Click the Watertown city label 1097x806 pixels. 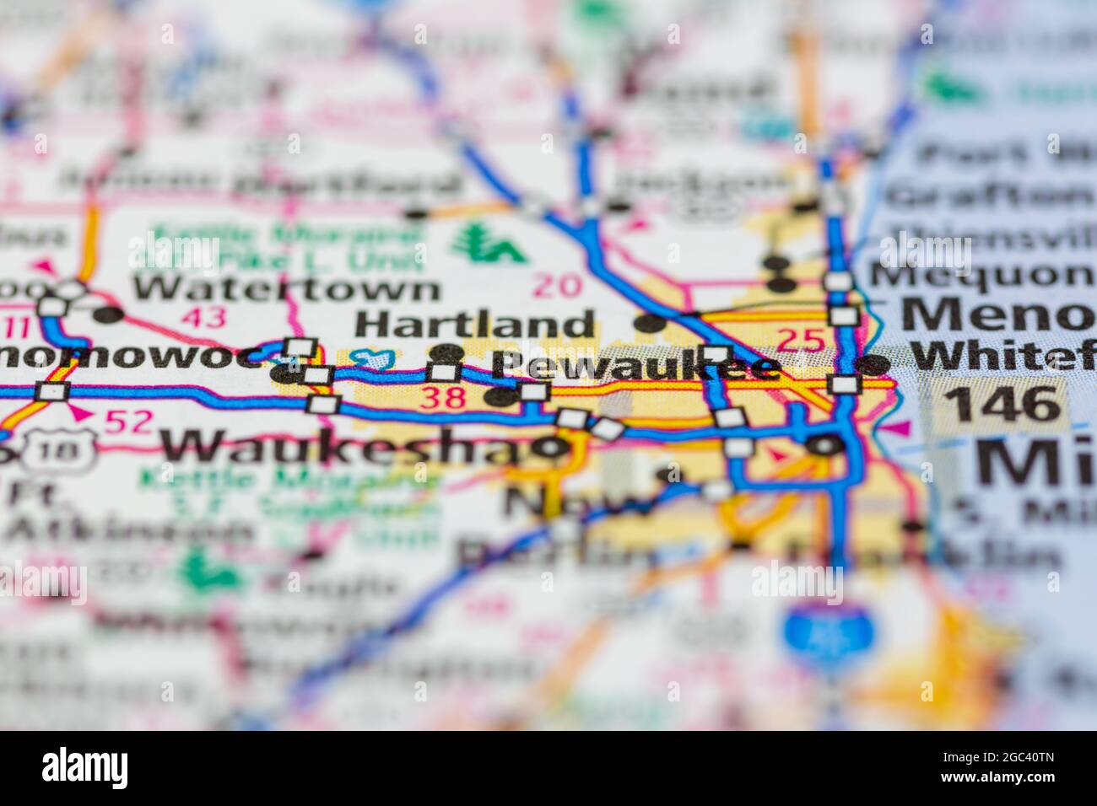point(286,288)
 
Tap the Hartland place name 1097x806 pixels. point(474,324)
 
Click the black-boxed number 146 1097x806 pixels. point(1002,404)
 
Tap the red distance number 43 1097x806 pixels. point(203,317)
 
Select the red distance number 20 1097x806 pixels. point(558,286)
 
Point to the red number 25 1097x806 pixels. point(799,340)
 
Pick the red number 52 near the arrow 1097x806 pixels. point(129,419)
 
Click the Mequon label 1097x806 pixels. point(982,275)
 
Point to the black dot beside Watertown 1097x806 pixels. point(109,316)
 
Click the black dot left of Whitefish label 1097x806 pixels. point(874,364)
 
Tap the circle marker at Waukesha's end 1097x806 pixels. point(553,446)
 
